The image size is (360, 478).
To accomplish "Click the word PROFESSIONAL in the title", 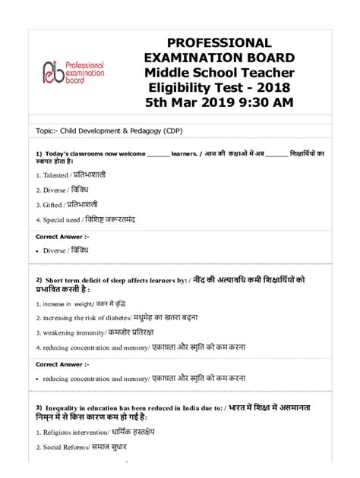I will point(219,42).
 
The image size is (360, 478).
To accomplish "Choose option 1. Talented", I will point(71,175).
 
